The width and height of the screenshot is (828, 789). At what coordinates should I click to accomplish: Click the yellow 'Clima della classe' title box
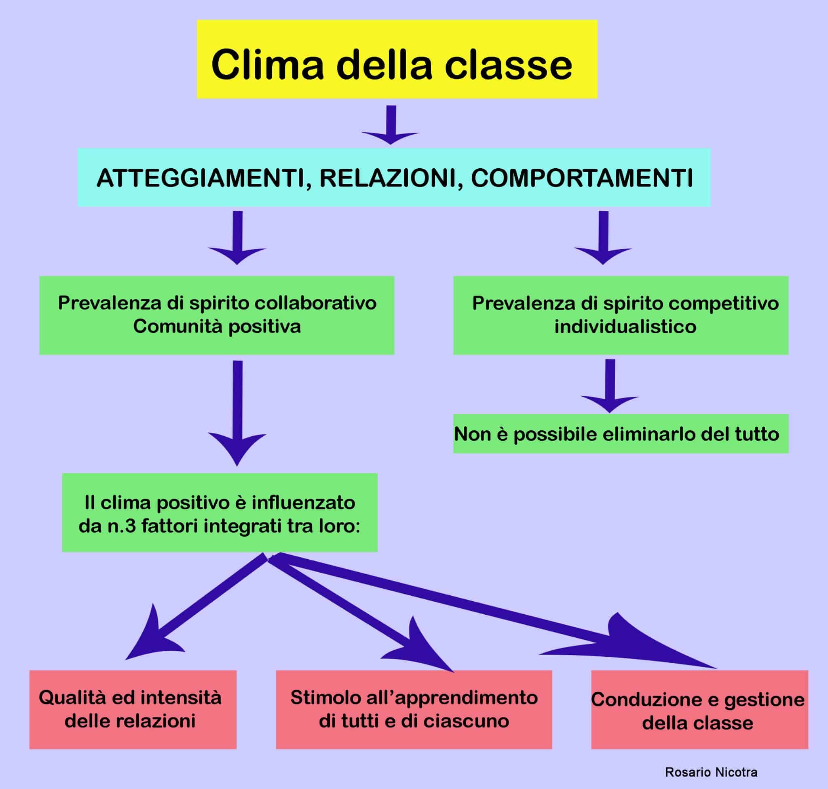click(x=397, y=59)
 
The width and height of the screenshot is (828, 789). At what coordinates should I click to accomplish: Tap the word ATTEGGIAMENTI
click(x=200, y=178)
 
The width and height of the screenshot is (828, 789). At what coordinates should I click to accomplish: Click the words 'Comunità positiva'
click(x=217, y=327)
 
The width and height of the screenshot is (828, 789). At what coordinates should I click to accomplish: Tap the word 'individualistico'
click(x=625, y=327)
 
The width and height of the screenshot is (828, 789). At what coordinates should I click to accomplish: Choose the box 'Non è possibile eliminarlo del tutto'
click(x=620, y=434)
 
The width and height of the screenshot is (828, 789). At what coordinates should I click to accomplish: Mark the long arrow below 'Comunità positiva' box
click(x=238, y=412)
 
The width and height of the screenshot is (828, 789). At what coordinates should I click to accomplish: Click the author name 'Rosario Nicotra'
click(x=711, y=772)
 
